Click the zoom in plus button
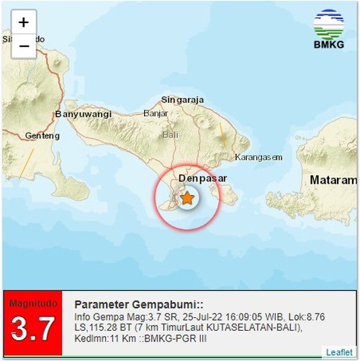[x=24, y=22]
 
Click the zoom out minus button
[x=24, y=46]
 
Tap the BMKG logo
[x=330, y=29]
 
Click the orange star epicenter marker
[x=187, y=198]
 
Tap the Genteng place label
[x=41, y=135]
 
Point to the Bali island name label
[x=170, y=135]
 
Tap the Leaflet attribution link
[x=339, y=352]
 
